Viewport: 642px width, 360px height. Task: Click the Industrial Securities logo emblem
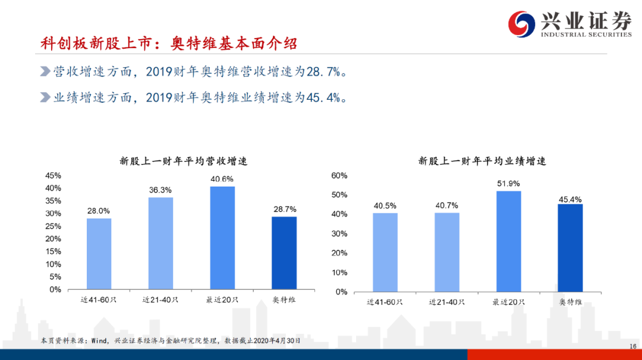[x=521, y=24]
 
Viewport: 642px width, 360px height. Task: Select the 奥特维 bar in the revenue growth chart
[x=284, y=253]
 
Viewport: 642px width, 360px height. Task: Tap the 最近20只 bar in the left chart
[x=222, y=238]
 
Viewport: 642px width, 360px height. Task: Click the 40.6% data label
[x=222, y=179]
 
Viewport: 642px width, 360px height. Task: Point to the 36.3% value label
[x=160, y=190]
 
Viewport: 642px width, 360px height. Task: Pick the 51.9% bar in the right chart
[x=508, y=241]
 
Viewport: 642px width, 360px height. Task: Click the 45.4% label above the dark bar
[x=570, y=200]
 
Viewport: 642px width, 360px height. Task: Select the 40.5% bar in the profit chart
[x=385, y=252]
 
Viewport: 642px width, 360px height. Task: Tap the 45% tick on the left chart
[x=53, y=175]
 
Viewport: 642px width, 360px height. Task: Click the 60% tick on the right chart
[x=339, y=175]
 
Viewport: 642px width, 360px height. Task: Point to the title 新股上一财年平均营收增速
[x=184, y=161]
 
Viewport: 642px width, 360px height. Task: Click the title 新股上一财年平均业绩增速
[x=482, y=161]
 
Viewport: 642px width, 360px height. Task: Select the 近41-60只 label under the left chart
[x=99, y=300]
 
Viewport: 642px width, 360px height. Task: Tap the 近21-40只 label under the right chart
[x=446, y=302]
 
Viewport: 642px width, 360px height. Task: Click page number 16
[x=633, y=346]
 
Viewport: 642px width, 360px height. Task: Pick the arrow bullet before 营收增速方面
[x=45, y=72]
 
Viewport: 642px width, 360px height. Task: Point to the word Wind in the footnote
[x=99, y=341]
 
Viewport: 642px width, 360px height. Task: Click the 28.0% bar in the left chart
[x=99, y=254]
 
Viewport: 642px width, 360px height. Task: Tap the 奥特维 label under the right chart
[x=570, y=302]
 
